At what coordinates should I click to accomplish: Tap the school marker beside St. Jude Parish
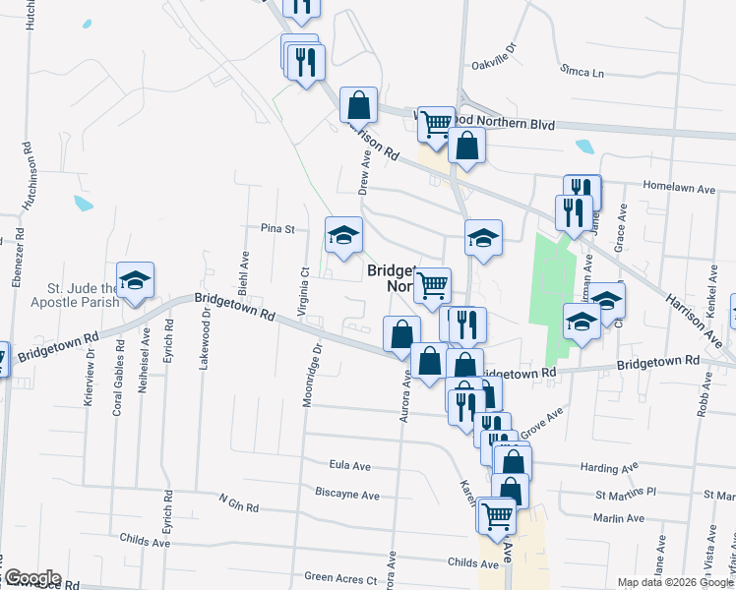pos(135,281)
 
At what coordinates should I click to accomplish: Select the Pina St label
pos(277,228)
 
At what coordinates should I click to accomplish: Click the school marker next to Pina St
pos(343,236)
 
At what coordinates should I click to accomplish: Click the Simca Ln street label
pos(581,72)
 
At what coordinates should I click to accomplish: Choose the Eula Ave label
pos(349,465)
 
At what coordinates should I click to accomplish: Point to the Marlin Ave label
pos(618,518)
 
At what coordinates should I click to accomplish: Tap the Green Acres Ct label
pos(336,577)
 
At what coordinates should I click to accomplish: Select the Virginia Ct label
pos(305,284)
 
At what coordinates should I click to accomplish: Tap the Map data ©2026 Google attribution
pos(675,582)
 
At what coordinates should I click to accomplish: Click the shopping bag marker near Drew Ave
pos(359,104)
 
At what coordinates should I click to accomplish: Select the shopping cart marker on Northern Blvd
pos(436,125)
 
